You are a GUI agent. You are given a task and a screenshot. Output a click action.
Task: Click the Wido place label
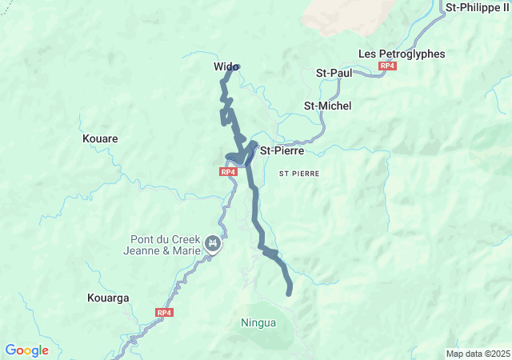223,66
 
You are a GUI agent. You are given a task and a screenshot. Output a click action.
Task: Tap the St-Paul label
334,73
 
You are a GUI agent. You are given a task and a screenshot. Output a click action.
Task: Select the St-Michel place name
328,106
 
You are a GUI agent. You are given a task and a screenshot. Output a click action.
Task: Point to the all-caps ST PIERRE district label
299,173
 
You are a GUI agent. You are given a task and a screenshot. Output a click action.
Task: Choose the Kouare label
100,138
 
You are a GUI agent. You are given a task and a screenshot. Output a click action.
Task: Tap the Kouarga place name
106,298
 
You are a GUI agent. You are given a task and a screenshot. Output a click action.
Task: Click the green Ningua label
258,323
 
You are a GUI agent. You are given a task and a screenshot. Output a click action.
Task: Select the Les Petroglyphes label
401,54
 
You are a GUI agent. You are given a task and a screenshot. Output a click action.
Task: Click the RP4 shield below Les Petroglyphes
388,66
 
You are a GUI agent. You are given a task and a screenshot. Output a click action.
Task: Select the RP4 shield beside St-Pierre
228,171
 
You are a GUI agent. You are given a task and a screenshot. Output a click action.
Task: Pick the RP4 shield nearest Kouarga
164,313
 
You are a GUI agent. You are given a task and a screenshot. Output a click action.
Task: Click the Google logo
26,350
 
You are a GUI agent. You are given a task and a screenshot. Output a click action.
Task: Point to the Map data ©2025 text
478,354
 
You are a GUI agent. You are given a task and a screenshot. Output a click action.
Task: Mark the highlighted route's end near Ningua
289,293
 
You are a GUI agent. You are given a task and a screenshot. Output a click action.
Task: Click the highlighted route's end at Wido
234,68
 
